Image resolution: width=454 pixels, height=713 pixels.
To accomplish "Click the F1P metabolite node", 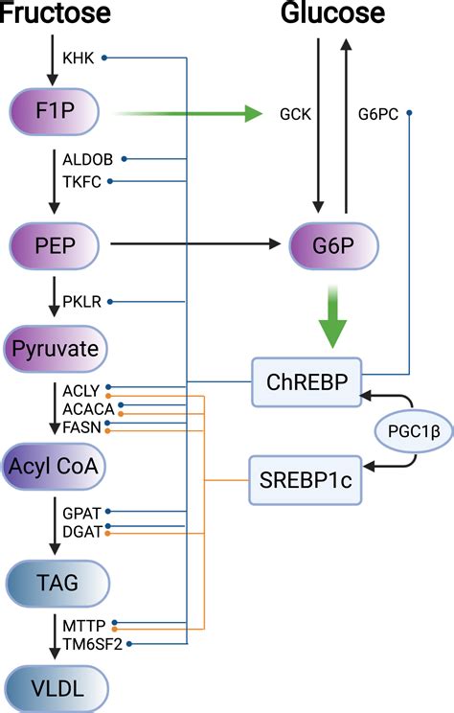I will pyautogui.click(x=54, y=114).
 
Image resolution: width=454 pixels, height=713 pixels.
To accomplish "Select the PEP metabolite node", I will pyautogui.click(x=54, y=245).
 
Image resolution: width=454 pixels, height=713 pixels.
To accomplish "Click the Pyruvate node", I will pyautogui.click(x=54, y=348).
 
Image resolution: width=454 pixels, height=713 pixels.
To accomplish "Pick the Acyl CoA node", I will pyautogui.click(x=54, y=466).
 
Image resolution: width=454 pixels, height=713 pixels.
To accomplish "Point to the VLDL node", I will pyautogui.click(x=54, y=689).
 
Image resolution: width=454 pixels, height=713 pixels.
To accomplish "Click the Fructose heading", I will pyautogui.click(x=56, y=13).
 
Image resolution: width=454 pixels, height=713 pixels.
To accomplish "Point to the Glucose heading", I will pyautogui.click(x=332, y=13).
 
